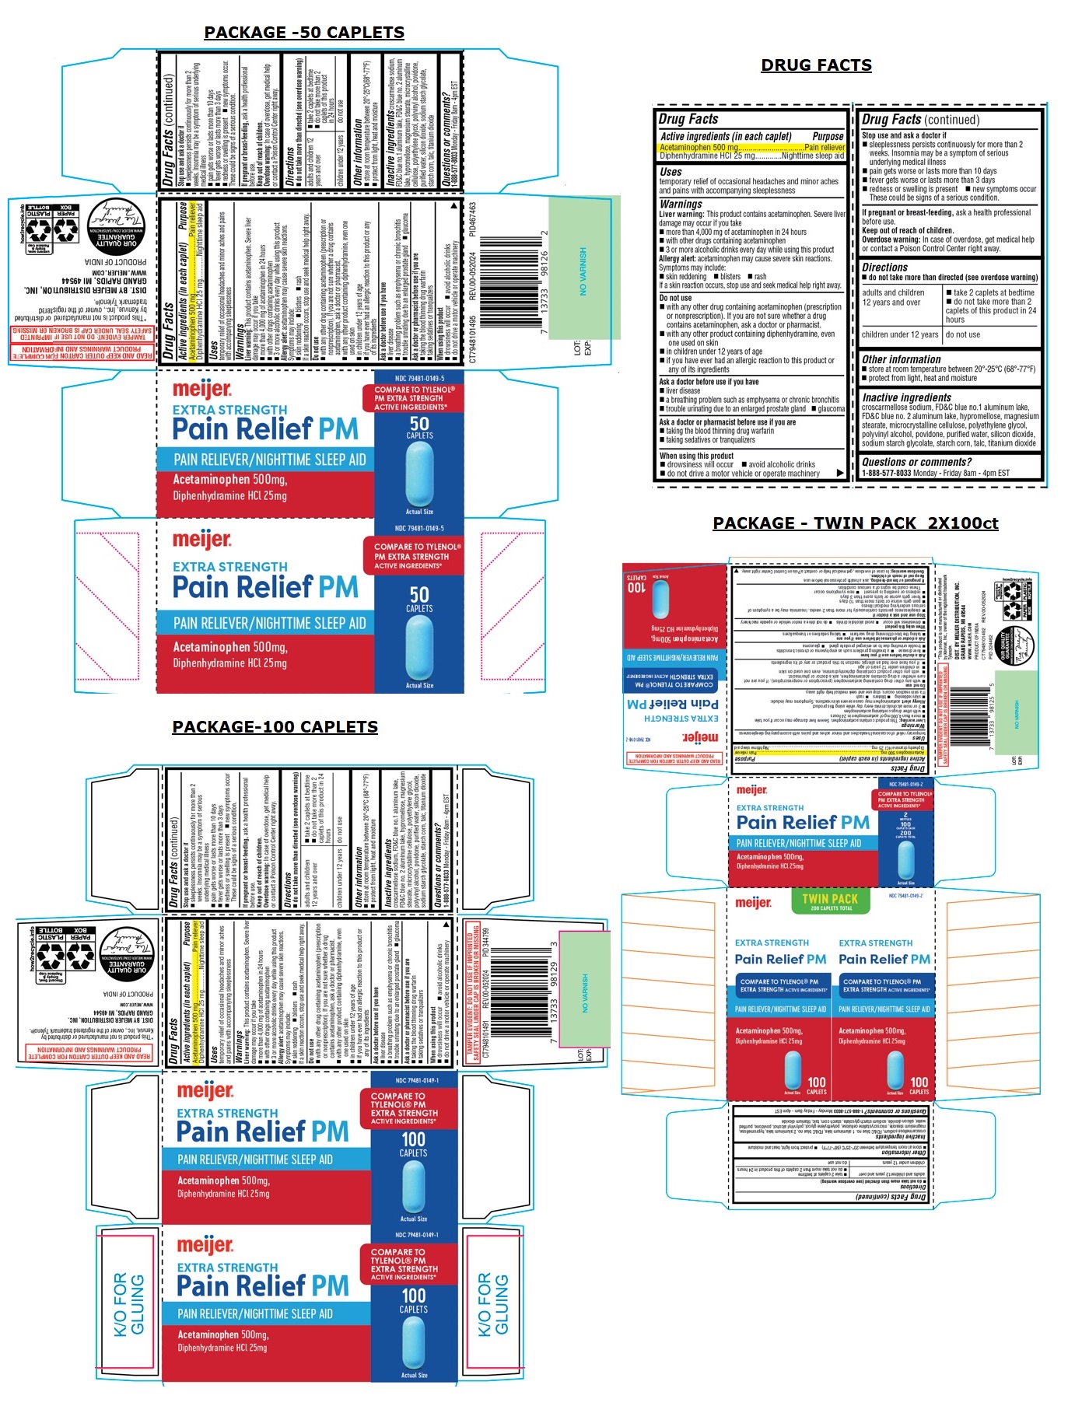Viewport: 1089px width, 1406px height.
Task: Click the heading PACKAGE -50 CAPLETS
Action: click(x=303, y=33)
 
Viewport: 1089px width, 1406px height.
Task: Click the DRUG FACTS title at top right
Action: click(x=816, y=65)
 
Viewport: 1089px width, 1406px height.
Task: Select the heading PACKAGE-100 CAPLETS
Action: click(x=275, y=726)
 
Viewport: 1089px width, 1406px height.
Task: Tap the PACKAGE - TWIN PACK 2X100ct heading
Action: click(x=855, y=523)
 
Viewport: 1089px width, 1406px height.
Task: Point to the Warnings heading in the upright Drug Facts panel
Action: click(x=681, y=204)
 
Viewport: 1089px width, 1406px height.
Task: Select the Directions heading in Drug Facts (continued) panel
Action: click(x=884, y=267)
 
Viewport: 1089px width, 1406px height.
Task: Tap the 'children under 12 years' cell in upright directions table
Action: click(x=900, y=335)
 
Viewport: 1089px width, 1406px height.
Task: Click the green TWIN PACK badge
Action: click(x=830, y=901)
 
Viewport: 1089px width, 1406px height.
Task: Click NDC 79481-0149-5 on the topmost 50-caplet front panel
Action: click(x=419, y=378)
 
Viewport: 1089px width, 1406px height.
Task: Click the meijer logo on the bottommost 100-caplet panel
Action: click(x=205, y=1246)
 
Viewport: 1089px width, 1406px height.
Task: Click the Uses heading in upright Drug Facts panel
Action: click(x=671, y=172)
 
